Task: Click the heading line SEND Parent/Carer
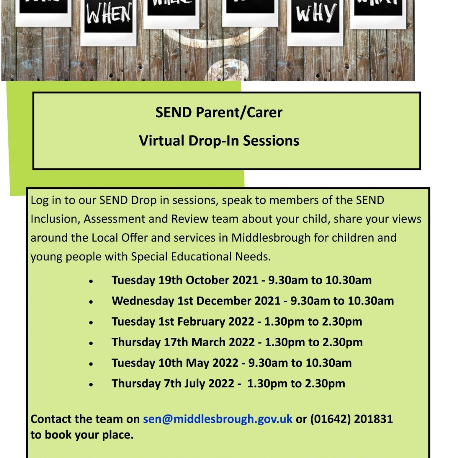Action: [219, 113]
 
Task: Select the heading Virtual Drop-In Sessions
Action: [219, 141]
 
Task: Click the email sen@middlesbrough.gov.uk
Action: [218, 419]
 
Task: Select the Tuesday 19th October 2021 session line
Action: [241, 280]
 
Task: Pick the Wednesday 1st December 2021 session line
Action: [252, 301]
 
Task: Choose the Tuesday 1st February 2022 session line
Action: [237, 321]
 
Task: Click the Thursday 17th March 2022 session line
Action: [237, 342]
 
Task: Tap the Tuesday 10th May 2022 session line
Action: [231, 363]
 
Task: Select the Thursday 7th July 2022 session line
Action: [228, 383]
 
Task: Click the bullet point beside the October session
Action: [91, 281]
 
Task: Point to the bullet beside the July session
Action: [91, 384]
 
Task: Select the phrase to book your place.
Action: [82, 435]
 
